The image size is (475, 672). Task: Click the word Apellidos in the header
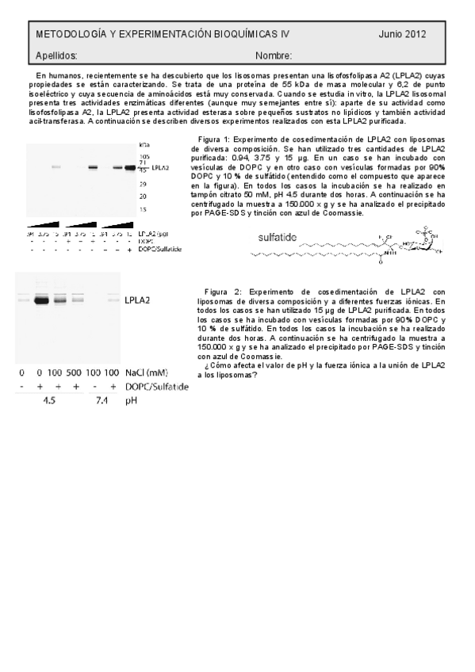tap(56, 56)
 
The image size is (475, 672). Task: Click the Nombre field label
tap(274, 56)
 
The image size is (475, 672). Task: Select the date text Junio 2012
tap(402, 34)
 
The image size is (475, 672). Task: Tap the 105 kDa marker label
tap(144, 157)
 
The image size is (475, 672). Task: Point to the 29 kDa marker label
tap(144, 183)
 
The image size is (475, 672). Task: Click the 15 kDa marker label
tap(144, 209)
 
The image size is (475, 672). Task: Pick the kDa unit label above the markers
tap(144, 146)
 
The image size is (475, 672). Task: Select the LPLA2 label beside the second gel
tap(140, 300)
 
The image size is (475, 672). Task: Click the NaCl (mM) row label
tap(147, 372)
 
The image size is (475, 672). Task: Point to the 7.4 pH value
tap(101, 401)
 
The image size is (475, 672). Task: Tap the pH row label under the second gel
tap(132, 401)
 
